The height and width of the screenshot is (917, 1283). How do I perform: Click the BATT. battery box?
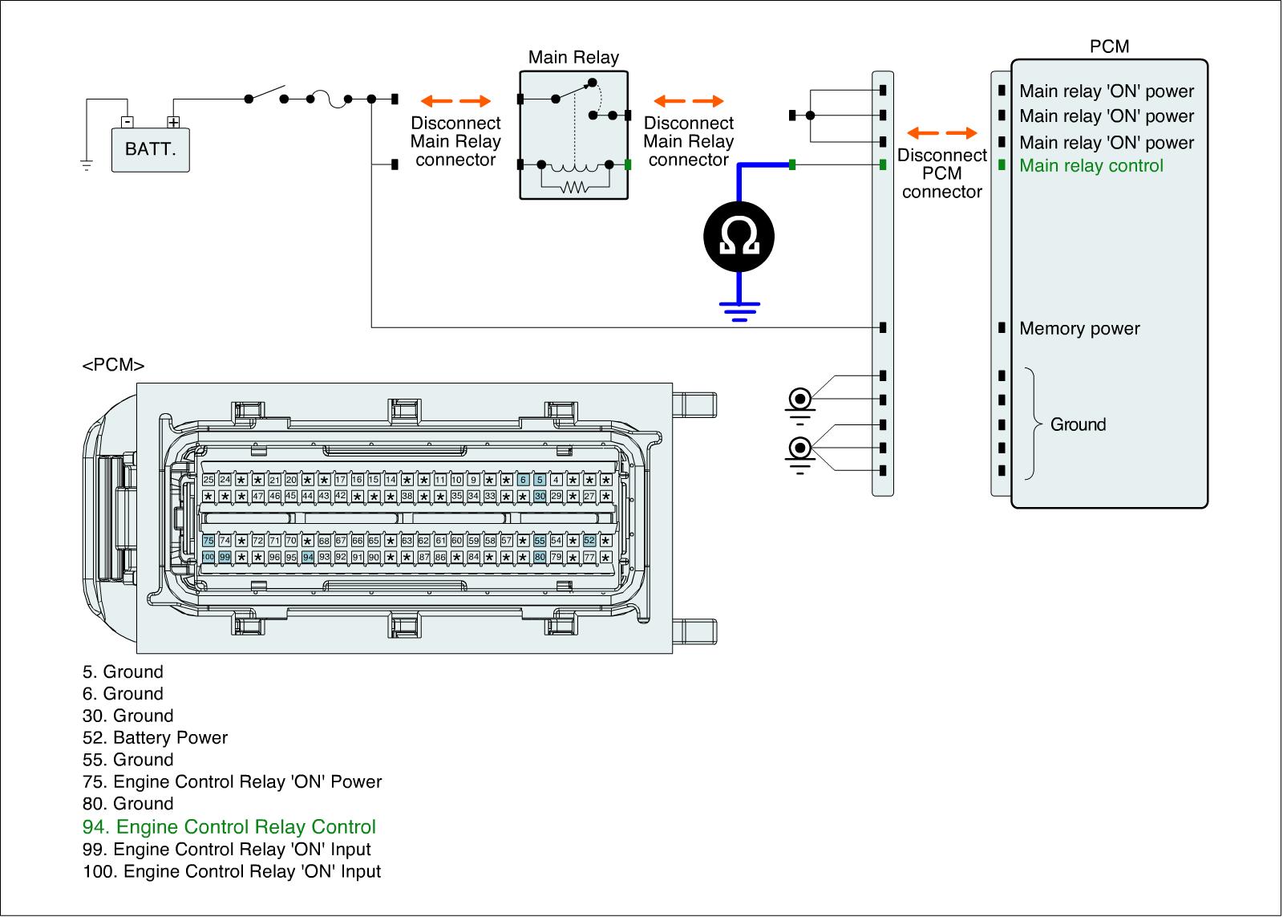pos(151,149)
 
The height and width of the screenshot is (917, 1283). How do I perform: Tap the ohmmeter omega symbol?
pos(739,235)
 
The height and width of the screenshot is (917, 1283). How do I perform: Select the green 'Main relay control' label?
pos(1091,166)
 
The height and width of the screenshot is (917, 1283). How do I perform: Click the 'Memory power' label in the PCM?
pos(1079,328)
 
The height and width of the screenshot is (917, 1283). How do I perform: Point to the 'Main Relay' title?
pos(573,58)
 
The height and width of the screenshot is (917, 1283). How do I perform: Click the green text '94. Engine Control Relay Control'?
pos(229,827)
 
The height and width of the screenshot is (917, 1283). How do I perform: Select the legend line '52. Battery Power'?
pos(155,738)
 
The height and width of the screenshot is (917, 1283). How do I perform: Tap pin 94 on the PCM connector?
pos(308,557)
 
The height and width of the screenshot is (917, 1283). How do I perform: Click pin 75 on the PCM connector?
pos(208,541)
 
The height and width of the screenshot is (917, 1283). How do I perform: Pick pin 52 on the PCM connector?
pos(589,541)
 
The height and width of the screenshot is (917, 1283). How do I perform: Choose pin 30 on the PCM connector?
pos(540,497)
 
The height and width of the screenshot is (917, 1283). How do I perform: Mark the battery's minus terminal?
pos(127,122)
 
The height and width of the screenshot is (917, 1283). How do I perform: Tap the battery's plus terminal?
pos(173,122)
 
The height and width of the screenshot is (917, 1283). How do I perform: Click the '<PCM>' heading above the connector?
pos(113,366)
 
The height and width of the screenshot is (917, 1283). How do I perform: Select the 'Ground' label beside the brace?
pos(1078,424)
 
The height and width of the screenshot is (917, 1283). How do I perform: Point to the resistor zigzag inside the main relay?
pos(574,188)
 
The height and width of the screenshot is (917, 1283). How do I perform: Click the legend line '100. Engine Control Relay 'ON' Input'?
pos(232,871)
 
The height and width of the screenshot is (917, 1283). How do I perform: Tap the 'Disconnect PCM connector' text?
pos(941,173)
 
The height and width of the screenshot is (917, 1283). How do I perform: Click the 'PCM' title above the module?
pos(1109,47)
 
